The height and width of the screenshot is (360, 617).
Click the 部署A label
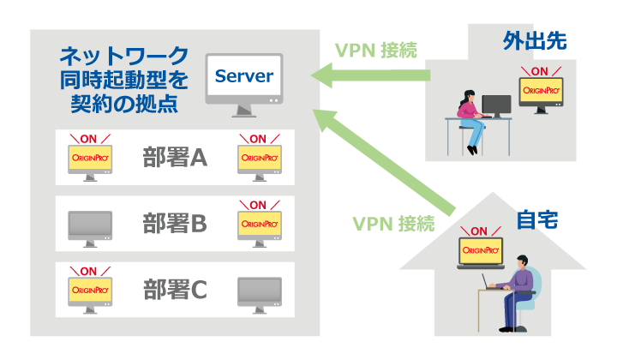[175, 158]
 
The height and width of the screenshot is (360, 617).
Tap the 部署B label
[175, 224]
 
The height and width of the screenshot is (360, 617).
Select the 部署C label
[175, 290]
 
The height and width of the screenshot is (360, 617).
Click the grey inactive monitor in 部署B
[90, 226]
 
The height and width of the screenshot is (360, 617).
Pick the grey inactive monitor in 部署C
[259, 292]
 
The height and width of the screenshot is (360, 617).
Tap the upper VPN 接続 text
[375, 51]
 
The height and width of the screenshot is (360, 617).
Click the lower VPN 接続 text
[393, 224]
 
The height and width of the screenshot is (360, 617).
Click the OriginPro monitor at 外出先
[542, 95]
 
